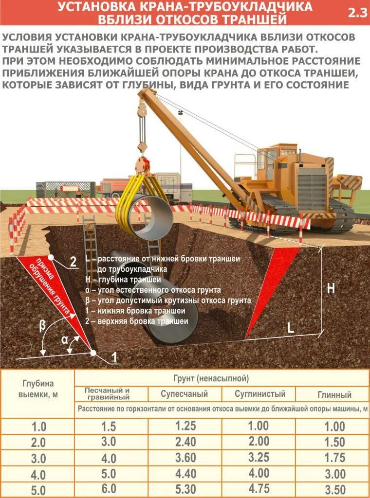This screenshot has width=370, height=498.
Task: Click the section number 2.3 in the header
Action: (357, 13)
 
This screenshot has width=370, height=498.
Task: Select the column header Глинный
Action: (334, 395)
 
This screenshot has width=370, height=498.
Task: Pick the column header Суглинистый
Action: (259, 394)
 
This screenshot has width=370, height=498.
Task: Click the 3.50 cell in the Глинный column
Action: (334, 489)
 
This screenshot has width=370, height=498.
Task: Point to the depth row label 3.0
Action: (38, 459)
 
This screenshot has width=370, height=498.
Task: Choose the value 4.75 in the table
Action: (259, 488)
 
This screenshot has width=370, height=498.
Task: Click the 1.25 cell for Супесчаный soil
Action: (185, 427)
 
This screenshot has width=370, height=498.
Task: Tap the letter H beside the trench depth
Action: (331, 288)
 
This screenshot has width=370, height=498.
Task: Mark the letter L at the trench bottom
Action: (291, 328)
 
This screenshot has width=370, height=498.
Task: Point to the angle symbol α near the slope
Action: (65, 340)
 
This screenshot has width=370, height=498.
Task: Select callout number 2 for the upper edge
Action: (73, 262)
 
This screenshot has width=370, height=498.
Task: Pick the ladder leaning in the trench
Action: (91, 243)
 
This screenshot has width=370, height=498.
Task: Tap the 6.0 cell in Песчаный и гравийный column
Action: (109, 488)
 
